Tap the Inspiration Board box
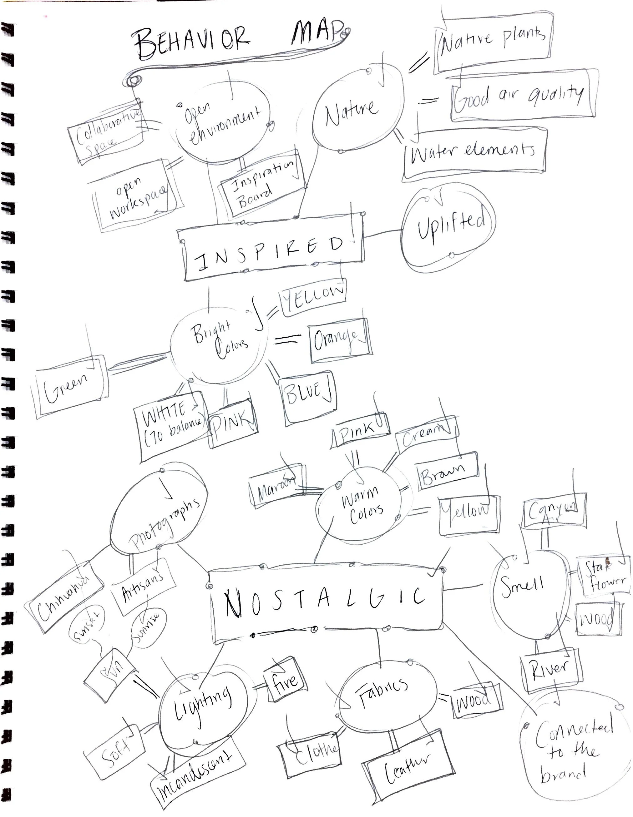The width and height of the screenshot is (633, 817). click(x=262, y=185)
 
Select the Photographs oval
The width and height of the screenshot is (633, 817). click(x=159, y=512)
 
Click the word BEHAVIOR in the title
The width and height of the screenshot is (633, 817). click(x=191, y=41)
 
